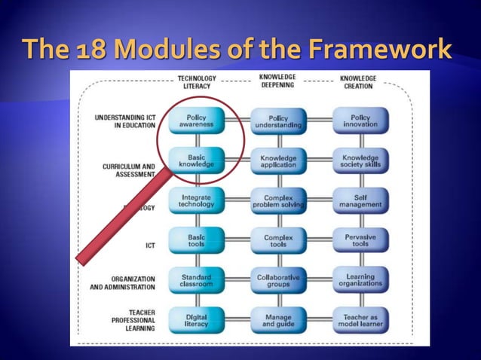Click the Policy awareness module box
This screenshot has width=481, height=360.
tap(196, 121)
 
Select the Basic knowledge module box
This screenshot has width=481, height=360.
tap(196, 160)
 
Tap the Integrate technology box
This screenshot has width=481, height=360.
tap(196, 200)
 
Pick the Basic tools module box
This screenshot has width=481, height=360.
tap(196, 241)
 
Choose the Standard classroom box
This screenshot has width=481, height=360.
tap(196, 281)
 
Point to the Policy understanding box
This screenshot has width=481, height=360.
tap(278, 121)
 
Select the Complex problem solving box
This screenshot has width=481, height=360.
tap(278, 200)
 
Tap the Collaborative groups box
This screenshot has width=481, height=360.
tap(278, 281)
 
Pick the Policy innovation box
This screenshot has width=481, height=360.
tap(360, 121)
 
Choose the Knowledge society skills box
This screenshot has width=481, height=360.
tap(360, 160)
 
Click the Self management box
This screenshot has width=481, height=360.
tap(360, 200)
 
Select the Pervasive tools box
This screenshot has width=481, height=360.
tap(360, 241)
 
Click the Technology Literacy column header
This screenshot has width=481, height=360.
tap(196, 81)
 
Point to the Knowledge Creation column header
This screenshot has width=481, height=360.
tap(359, 81)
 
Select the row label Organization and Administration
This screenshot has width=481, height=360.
tap(122, 282)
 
